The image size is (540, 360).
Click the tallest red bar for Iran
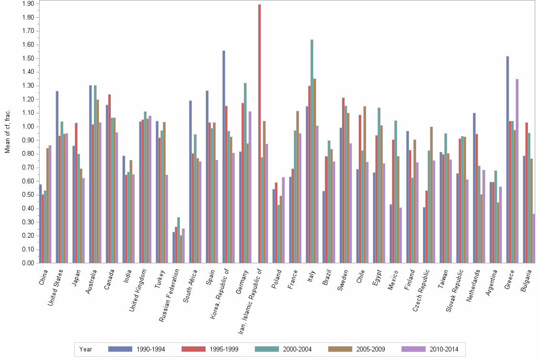point(260,134)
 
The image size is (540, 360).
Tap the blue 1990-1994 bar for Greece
point(508,160)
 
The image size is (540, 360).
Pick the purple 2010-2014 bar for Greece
point(517,171)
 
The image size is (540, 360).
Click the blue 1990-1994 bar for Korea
point(224,157)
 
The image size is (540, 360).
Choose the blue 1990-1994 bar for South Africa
point(190,181)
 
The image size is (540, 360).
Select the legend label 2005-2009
point(371,349)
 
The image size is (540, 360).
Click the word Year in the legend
point(86,349)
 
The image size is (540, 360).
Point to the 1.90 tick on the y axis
point(28,4)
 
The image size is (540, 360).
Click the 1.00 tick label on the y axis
point(28,127)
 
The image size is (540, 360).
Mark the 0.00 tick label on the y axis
point(28,263)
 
